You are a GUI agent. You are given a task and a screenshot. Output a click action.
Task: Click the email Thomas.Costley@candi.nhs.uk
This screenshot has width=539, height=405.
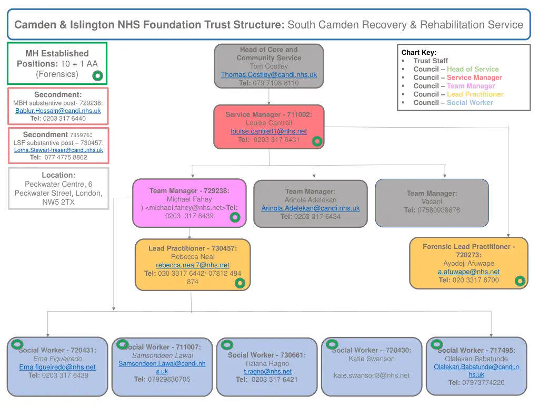tap(268, 75)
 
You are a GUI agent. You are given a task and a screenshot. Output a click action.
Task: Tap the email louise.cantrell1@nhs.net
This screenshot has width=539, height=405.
tap(268, 131)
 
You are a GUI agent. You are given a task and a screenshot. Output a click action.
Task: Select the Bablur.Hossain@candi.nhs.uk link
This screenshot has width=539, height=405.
tap(58, 111)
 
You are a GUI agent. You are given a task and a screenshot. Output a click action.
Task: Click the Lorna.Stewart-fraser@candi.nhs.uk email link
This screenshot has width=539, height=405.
tap(58, 150)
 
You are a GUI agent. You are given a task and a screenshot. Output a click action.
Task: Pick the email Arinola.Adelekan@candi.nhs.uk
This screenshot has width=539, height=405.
tap(311, 208)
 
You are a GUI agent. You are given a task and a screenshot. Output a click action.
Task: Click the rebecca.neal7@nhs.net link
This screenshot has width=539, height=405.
tap(193, 265)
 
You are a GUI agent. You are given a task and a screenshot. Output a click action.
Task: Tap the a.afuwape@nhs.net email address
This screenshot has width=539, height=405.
tap(468, 272)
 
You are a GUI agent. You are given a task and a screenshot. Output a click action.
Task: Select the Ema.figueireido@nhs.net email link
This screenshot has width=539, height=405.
tap(57, 367)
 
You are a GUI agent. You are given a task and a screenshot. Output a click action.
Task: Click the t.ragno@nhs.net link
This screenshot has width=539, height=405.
tap(267, 372)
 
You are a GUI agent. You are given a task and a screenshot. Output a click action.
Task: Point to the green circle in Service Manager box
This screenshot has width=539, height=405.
tap(317, 141)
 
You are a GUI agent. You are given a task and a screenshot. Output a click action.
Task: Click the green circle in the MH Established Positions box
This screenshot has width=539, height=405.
tap(97, 76)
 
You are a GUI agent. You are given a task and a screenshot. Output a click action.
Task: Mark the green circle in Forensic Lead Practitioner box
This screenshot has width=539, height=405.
tap(520, 281)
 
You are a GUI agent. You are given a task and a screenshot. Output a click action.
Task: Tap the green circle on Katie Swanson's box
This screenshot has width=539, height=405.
tap(332, 344)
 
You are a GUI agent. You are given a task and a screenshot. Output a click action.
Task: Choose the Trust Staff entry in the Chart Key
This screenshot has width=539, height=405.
tap(431, 61)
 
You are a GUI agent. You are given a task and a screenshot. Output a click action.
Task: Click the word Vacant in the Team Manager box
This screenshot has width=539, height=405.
tap(432, 202)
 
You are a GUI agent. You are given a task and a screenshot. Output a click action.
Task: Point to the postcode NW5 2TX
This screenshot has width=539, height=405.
tap(58, 202)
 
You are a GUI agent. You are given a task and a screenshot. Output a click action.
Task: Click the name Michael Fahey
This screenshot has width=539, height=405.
tap(189, 199)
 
